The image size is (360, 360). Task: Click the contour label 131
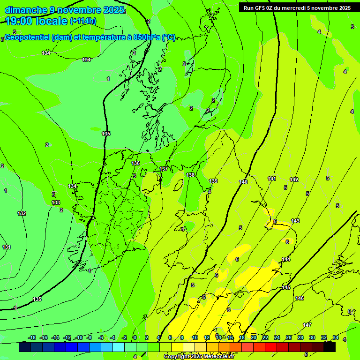coord(6,247)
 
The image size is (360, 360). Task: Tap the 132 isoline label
coord(22,213)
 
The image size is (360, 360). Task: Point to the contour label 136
coord(135,163)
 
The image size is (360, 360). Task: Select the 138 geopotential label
coord(190,175)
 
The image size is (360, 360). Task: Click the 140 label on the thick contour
coord(243,182)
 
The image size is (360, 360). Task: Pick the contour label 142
coord(294,180)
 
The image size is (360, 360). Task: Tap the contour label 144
coord(286,259)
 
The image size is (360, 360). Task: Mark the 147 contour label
coord(307,325)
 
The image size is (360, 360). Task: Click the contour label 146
coord(300,298)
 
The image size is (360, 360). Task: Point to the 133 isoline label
coord(56,202)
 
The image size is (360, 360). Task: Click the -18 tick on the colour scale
coord(32,337)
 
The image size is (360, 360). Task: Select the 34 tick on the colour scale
coord(336,337)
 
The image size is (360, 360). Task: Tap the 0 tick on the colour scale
coord(135,337)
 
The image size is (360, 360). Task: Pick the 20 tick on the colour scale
coord(253,337)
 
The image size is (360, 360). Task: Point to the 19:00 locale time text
coord(36,21)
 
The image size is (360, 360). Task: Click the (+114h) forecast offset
coord(83,21)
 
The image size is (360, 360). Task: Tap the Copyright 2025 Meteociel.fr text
coord(199,356)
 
